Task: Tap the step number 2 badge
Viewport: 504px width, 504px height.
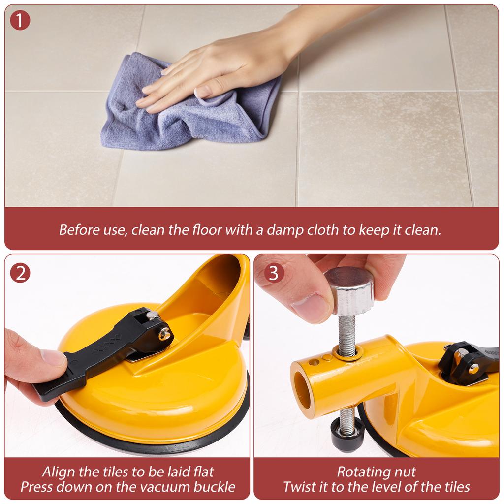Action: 20,273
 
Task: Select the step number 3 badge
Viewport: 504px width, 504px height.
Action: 274,273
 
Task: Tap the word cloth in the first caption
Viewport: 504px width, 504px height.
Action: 323,230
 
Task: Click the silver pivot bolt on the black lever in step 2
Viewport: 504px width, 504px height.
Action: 165,335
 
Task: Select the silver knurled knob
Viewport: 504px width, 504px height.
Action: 350,290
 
